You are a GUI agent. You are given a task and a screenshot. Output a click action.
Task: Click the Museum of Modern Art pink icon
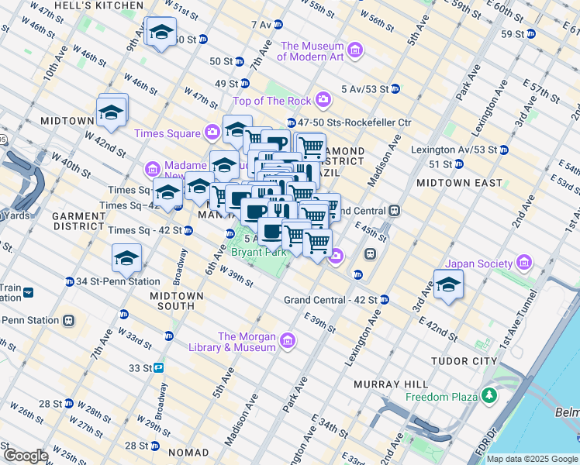(x=355, y=51)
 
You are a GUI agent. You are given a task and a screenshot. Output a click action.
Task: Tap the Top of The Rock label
(x=272, y=101)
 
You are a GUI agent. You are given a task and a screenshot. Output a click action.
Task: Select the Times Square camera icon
(x=212, y=133)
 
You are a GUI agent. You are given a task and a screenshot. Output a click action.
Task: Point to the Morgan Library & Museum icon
(x=288, y=341)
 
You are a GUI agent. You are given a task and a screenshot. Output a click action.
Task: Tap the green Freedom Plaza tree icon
(x=489, y=397)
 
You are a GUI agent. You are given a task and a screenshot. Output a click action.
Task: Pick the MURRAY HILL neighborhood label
(x=391, y=384)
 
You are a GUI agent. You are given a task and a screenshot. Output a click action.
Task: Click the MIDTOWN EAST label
(x=450, y=183)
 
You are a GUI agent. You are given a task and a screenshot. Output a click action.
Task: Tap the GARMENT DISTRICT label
(x=78, y=221)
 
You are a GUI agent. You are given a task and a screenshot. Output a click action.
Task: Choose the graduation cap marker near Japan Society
(x=448, y=286)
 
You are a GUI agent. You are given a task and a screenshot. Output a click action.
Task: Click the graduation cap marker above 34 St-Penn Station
(x=127, y=260)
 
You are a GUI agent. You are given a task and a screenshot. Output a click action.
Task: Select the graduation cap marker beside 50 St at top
(x=161, y=33)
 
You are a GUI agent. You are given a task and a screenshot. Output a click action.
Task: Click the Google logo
(x=25, y=456)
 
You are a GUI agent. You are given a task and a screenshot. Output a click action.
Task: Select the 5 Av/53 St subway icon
(x=395, y=88)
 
